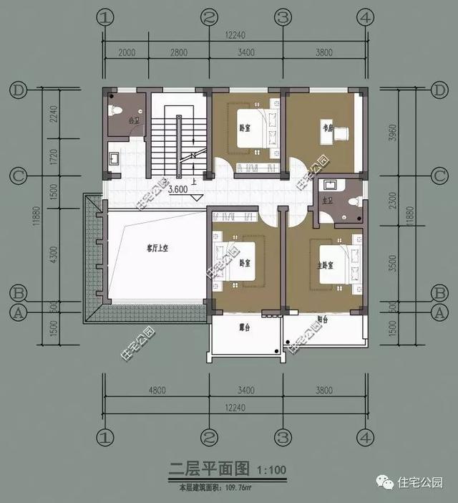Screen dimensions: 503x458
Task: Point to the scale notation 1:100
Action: point(271,471)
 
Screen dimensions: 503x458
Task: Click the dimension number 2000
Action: point(127,52)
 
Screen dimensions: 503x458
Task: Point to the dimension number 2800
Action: point(179,52)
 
